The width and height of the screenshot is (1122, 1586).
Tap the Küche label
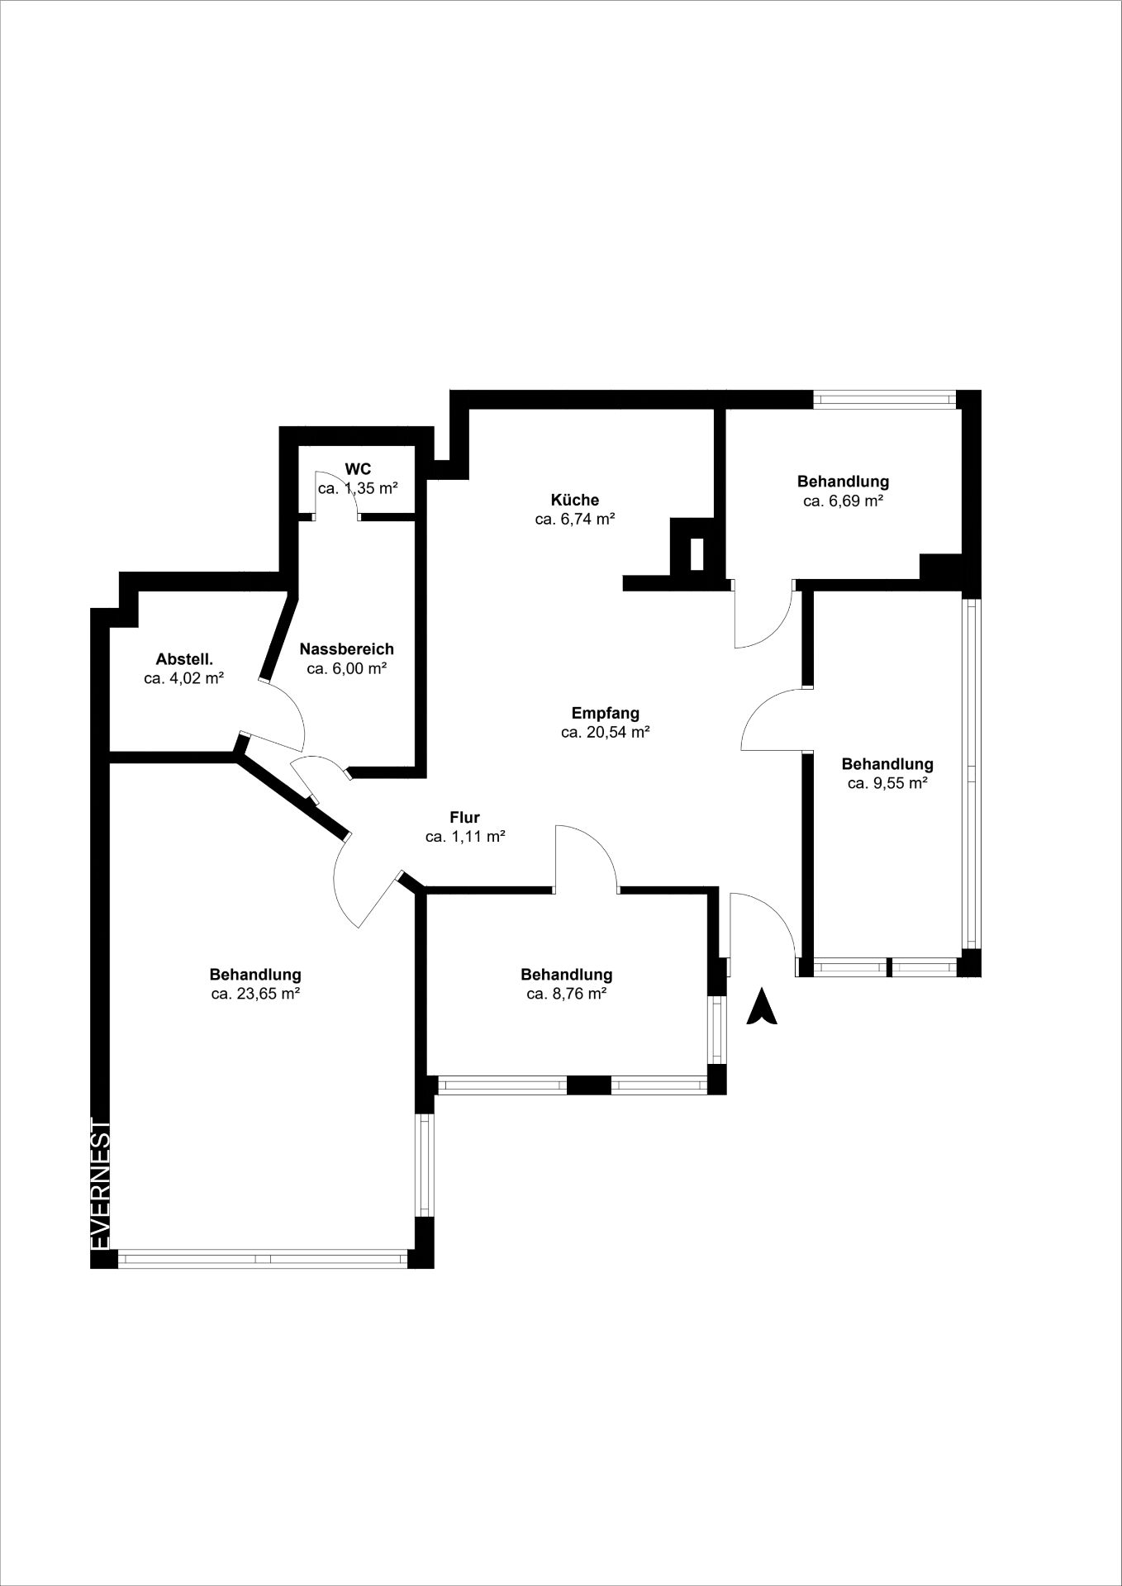[x=575, y=500]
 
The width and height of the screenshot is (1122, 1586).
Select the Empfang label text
[x=606, y=713]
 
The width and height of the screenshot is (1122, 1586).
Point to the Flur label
[x=464, y=818]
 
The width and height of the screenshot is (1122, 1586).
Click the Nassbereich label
[x=347, y=649]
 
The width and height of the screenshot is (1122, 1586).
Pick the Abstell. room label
[x=184, y=659]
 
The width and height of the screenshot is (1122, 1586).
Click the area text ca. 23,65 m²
[x=255, y=994]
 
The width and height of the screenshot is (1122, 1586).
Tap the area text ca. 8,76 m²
[x=567, y=994]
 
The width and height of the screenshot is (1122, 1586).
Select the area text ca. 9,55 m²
[x=887, y=783]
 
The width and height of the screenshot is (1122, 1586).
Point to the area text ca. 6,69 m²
[x=843, y=500]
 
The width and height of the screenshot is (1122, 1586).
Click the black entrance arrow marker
[x=762, y=1009]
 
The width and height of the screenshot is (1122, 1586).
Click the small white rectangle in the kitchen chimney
[x=696, y=553]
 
